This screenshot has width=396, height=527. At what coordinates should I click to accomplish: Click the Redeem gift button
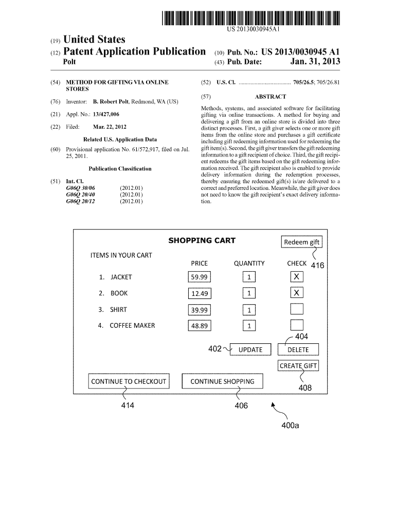click(301, 242)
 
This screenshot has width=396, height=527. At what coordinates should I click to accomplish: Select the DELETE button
click(298, 350)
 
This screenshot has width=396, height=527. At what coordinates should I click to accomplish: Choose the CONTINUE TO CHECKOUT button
click(129, 381)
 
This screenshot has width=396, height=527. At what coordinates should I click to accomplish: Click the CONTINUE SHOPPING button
click(222, 381)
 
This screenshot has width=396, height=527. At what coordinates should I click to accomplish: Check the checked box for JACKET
click(297, 277)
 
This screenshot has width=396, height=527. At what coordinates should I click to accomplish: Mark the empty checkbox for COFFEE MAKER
click(297, 325)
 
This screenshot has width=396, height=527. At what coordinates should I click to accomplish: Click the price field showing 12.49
click(199, 293)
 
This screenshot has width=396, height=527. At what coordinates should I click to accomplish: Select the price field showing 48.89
click(199, 326)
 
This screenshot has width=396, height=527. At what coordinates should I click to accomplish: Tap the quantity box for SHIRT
click(249, 310)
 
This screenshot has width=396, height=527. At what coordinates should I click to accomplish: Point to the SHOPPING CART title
click(202, 240)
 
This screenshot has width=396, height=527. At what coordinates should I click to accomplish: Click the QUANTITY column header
click(249, 263)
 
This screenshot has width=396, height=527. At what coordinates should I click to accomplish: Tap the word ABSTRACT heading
click(270, 97)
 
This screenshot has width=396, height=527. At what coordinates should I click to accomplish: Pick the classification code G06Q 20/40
click(81, 195)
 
